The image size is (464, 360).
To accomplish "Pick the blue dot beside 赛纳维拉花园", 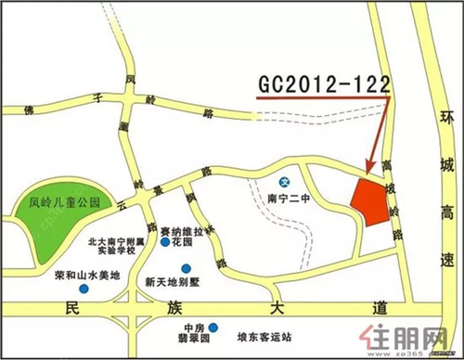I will pyautogui.click(x=165, y=243).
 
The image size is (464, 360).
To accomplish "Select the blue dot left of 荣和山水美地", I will pyautogui.click(x=84, y=289).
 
